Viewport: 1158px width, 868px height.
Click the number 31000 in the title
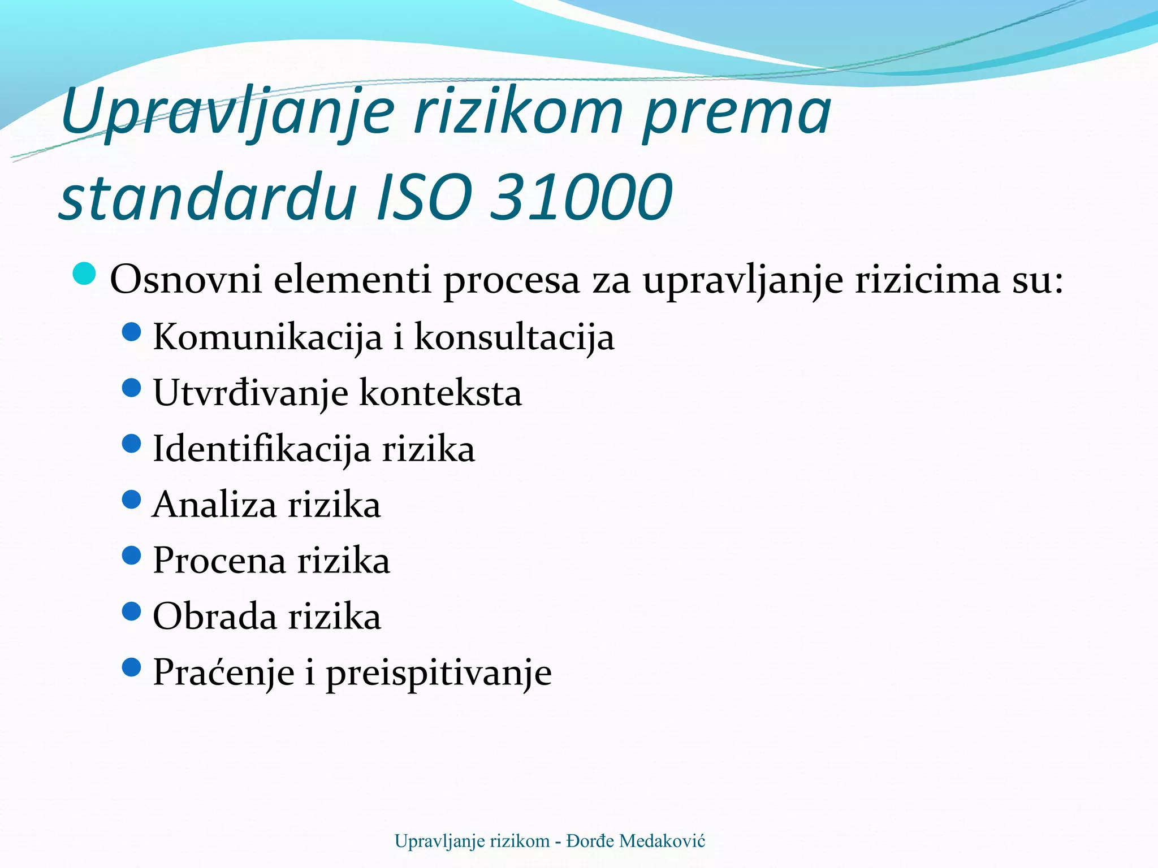(x=581, y=198)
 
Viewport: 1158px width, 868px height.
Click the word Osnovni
(x=186, y=279)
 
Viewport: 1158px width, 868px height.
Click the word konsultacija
(x=514, y=337)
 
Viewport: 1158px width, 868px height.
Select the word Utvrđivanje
(x=250, y=393)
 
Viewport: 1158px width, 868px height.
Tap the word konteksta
(x=440, y=393)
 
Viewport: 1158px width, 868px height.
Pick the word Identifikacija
(x=262, y=449)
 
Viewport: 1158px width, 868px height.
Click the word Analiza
(x=214, y=505)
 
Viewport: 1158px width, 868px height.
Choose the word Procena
(x=219, y=561)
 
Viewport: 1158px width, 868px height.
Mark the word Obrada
(x=214, y=617)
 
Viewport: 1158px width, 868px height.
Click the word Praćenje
(x=224, y=672)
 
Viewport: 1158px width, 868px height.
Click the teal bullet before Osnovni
(x=85, y=275)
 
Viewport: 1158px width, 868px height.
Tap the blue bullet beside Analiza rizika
(x=131, y=500)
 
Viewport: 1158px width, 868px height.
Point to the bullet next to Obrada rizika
(x=131, y=611)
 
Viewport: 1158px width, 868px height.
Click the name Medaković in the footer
(x=662, y=841)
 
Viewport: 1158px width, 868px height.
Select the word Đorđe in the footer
(x=590, y=841)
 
